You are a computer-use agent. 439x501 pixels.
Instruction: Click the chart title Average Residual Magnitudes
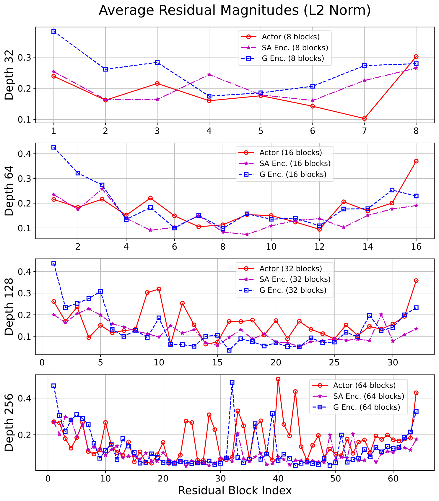pyautogui.click(x=235, y=10)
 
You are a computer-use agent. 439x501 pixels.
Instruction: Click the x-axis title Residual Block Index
pyautogui.click(x=235, y=490)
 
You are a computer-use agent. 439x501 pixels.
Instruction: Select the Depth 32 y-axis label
pyautogui.click(x=9, y=75)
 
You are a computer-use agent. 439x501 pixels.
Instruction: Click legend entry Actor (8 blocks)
pyautogui.click(x=290, y=37)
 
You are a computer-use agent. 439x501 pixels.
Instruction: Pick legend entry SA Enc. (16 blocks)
pyautogui.click(x=295, y=163)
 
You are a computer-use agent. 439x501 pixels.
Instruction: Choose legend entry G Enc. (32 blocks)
pyautogui.click(x=293, y=290)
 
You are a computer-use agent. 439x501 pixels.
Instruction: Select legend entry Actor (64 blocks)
pyautogui.click(x=364, y=385)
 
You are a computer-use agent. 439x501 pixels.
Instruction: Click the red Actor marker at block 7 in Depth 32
pyautogui.click(x=364, y=118)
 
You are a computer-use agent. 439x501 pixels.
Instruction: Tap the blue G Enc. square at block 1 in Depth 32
pyautogui.click(x=54, y=31)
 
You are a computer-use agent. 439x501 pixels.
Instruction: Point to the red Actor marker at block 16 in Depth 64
pyautogui.click(x=416, y=161)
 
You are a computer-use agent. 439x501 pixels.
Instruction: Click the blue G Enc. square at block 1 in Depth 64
pyautogui.click(x=54, y=147)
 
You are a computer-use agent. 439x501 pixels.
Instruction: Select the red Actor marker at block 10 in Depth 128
pyautogui.click(x=159, y=289)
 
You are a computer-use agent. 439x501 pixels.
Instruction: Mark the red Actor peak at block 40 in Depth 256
pyautogui.click(x=278, y=379)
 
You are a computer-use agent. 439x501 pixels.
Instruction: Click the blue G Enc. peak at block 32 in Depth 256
pyautogui.click(x=232, y=383)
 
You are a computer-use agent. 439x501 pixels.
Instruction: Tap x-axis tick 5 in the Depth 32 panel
pyautogui.click(x=261, y=131)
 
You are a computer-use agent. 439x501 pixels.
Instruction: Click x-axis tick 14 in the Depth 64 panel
pyautogui.click(x=368, y=247)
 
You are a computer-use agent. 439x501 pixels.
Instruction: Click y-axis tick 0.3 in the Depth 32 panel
pyautogui.click(x=25, y=57)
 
